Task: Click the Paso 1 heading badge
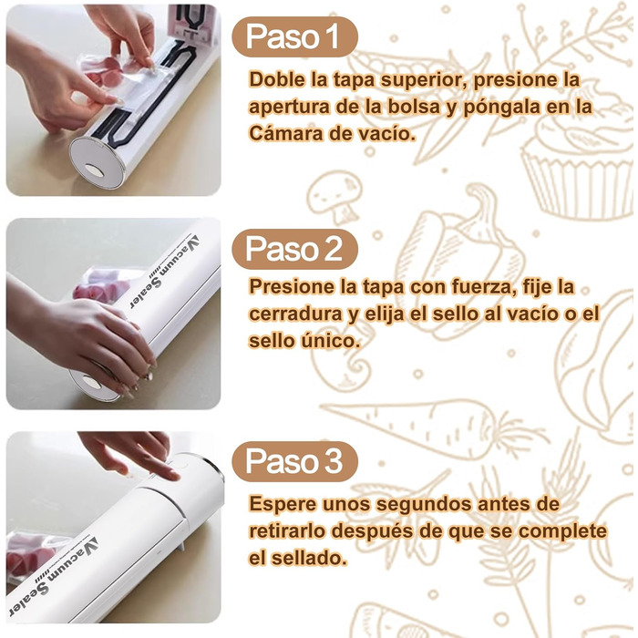(x=294, y=37)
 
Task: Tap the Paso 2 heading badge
(x=294, y=249)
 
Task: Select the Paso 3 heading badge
(x=294, y=461)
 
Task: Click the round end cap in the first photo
(x=97, y=163)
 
